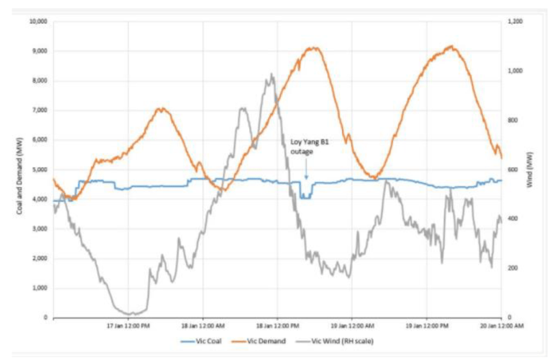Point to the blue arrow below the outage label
(x=306, y=170)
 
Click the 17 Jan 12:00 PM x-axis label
(x=129, y=325)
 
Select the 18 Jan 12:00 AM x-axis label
(x=203, y=325)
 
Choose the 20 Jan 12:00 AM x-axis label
(x=501, y=325)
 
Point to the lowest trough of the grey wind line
(x=132, y=314)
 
